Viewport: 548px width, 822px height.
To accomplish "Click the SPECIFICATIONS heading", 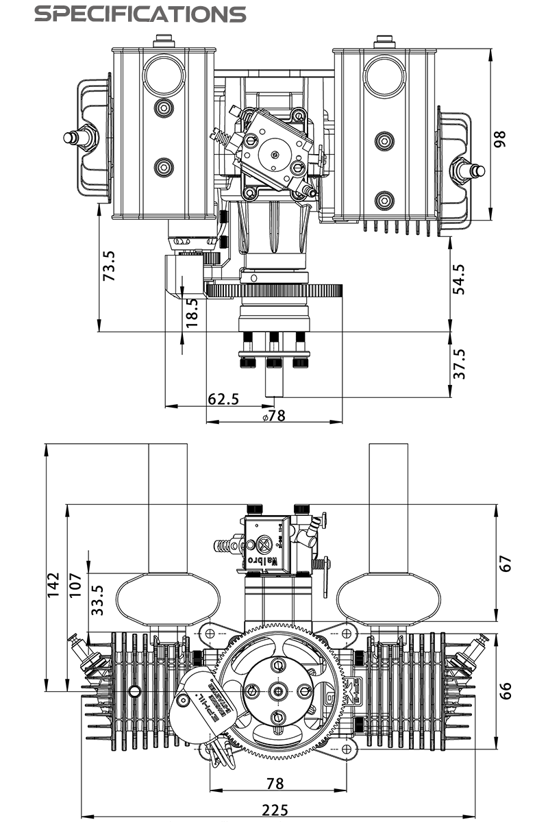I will point(140,14).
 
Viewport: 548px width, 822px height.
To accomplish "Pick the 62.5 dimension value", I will point(223,398).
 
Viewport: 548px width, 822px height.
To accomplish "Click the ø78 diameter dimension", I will point(273,415).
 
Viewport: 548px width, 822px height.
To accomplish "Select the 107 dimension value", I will point(75,585).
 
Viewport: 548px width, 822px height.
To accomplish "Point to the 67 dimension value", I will point(506,564).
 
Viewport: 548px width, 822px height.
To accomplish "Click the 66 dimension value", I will point(506,690).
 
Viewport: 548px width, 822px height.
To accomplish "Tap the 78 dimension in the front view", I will point(275,784).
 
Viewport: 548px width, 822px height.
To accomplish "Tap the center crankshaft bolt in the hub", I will point(278,690).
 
